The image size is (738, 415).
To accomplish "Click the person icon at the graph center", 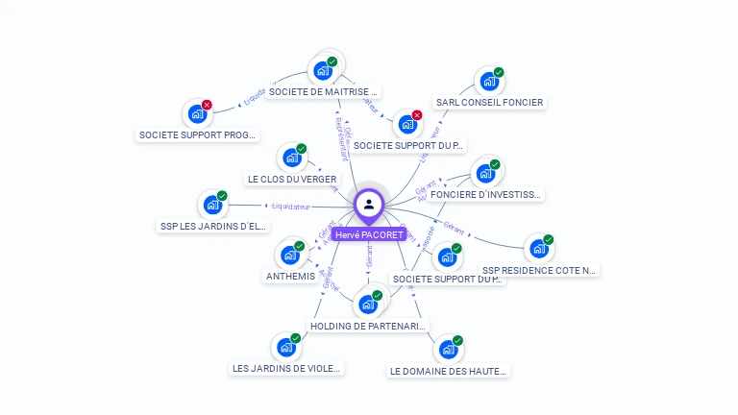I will tap(369, 204).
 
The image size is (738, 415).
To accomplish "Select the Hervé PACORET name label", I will tap(369, 234).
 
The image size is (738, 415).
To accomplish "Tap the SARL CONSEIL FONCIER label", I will tap(489, 103).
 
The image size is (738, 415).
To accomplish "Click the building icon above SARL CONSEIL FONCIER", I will tap(488, 82).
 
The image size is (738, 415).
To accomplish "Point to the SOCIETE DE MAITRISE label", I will tap(323, 92).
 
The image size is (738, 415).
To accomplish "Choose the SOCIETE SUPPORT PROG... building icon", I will tap(197, 114).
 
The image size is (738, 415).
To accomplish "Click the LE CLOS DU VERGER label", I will tap(292, 180).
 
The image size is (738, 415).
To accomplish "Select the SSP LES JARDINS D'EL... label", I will tap(212, 227).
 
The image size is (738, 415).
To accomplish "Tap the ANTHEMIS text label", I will tap(289, 277).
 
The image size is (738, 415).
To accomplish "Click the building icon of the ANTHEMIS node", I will tap(288, 256).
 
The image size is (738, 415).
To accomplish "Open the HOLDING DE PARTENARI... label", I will tap(368, 327).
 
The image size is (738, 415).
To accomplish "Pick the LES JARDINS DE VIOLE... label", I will tap(287, 368).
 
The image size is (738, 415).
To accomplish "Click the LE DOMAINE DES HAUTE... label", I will tap(448, 371).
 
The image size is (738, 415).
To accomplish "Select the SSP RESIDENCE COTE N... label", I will tap(539, 271).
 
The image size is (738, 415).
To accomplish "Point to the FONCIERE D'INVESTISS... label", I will tap(486, 194).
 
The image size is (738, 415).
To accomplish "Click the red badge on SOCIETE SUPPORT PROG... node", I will tap(207, 105).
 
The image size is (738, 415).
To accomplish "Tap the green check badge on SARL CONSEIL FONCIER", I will tap(499, 73).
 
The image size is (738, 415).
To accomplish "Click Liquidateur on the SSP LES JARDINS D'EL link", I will tap(291, 206).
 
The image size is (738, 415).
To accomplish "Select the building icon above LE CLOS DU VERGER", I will tap(291, 159).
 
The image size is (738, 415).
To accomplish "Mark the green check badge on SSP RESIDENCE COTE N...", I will tap(549, 240).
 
